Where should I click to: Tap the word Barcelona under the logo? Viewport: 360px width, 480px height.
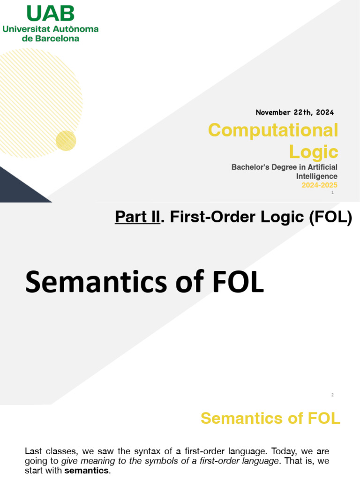(x=56, y=38)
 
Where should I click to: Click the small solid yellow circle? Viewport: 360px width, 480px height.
(x=66, y=141)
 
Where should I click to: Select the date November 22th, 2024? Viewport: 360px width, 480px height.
(x=294, y=112)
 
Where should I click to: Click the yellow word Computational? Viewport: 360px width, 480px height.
(x=273, y=130)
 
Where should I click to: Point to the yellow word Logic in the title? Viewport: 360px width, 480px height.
(x=313, y=151)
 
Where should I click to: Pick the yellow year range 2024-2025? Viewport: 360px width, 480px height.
(x=319, y=185)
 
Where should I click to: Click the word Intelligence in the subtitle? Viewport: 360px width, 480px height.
(x=316, y=176)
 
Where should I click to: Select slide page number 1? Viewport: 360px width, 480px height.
(x=332, y=193)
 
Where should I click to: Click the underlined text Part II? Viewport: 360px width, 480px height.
(x=137, y=217)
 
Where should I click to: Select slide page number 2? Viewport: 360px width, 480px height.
(x=332, y=395)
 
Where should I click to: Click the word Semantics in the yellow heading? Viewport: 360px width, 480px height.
(x=239, y=418)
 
